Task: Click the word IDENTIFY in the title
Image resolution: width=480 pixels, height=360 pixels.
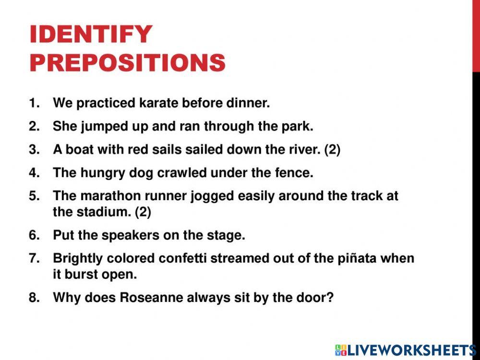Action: click(x=91, y=35)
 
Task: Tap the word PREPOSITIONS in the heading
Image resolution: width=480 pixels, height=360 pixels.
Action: click(x=127, y=62)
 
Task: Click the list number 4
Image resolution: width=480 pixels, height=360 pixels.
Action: click(x=34, y=173)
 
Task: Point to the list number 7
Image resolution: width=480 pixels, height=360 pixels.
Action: click(x=34, y=258)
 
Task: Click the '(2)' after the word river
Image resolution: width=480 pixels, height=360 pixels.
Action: click(x=332, y=149)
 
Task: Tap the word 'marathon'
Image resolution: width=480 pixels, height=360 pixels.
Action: click(x=99, y=196)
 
